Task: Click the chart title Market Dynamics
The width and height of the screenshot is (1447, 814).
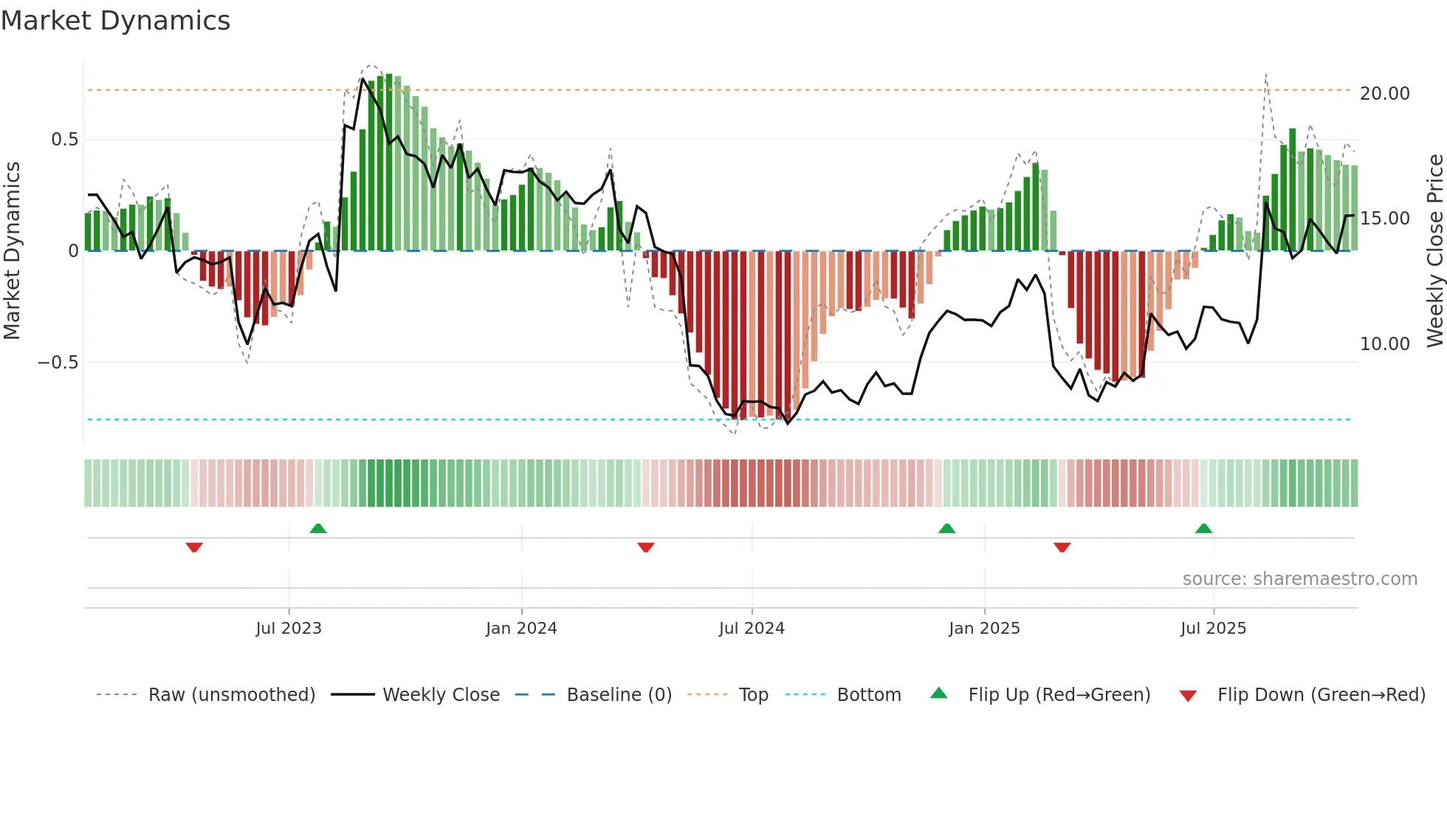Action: coord(115,21)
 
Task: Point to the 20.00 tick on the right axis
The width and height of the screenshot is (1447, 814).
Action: coord(1384,94)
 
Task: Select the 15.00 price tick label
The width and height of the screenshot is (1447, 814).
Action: coord(1384,219)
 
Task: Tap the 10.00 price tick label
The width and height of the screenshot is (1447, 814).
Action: coord(1384,344)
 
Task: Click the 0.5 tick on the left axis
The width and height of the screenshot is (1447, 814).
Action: coord(64,140)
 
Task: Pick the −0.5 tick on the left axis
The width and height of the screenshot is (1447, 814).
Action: coord(58,363)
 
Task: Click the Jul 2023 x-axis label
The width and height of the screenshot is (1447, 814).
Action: coord(289,629)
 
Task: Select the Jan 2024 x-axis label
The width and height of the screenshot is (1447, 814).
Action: coord(521,629)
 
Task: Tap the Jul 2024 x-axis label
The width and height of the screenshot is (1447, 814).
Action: coord(752,629)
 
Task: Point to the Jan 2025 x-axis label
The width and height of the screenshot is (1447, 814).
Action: coord(984,629)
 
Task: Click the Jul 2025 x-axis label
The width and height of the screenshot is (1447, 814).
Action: coord(1213,629)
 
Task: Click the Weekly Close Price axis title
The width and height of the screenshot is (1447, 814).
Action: coord(1434,250)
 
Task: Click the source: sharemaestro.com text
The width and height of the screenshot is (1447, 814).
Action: coord(1299,579)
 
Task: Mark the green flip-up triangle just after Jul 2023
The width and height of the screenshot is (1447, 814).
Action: coord(318,529)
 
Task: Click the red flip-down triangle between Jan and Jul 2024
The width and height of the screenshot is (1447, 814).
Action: coord(646,547)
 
